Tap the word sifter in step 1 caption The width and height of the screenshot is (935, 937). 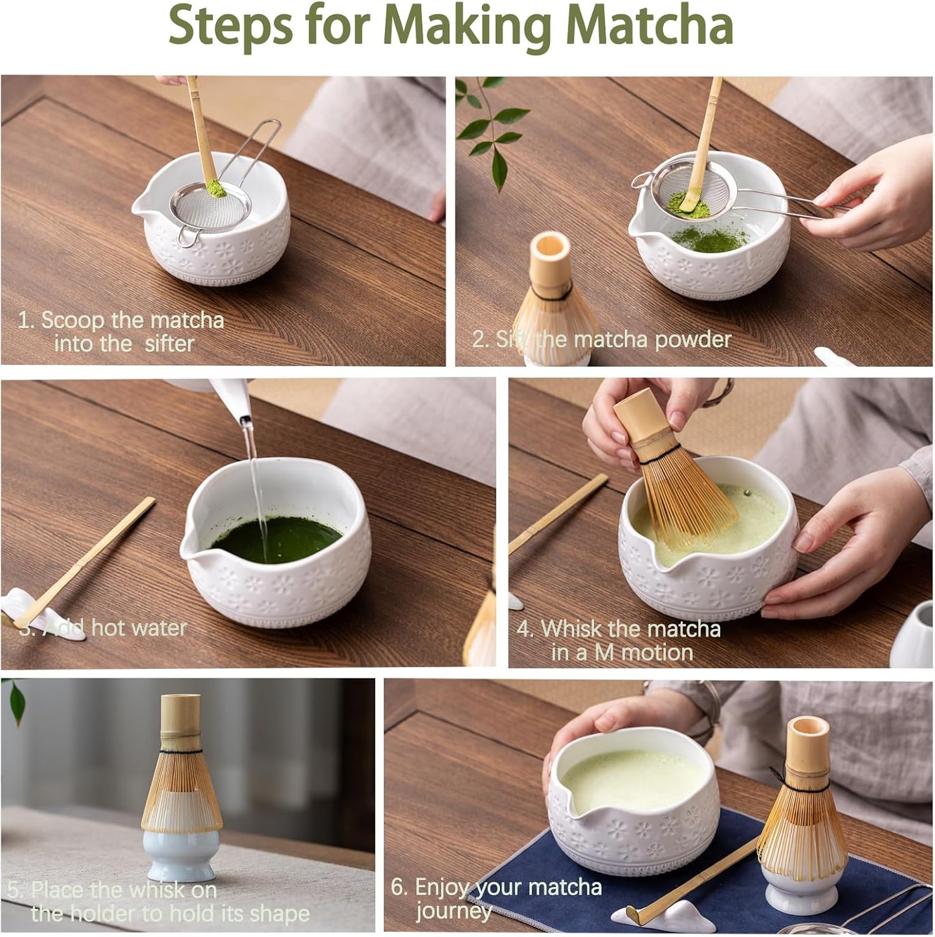[169, 344]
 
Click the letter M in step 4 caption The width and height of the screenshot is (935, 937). [604, 652]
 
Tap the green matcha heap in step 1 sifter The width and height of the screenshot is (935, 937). [211, 190]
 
